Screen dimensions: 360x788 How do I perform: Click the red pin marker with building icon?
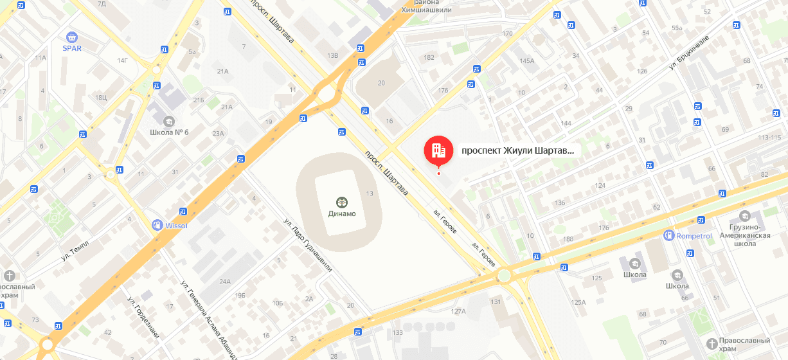click(x=438, y=150)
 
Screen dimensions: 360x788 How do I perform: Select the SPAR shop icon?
click(x=71, y=37)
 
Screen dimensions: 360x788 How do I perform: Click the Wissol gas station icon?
click(x=156, y=225)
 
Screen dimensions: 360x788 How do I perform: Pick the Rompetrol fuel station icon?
click(x=669, y=236)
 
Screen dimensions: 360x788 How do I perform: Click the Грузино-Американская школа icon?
click(x=745, y=215)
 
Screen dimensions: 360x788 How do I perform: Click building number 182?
click(x=429, y=57)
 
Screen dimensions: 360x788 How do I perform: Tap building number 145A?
click(x=526, y=60)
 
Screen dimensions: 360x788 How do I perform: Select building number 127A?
click(x=458, y=311)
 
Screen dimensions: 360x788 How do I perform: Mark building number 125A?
click(x=578, y=302)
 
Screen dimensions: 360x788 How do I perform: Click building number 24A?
click(x=224, y=282)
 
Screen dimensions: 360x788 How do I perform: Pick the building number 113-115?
click(x=773, y=138)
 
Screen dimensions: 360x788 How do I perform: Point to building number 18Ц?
click(x=101, y=97)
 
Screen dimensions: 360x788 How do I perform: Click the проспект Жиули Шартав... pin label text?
click(x=517, y=151)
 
